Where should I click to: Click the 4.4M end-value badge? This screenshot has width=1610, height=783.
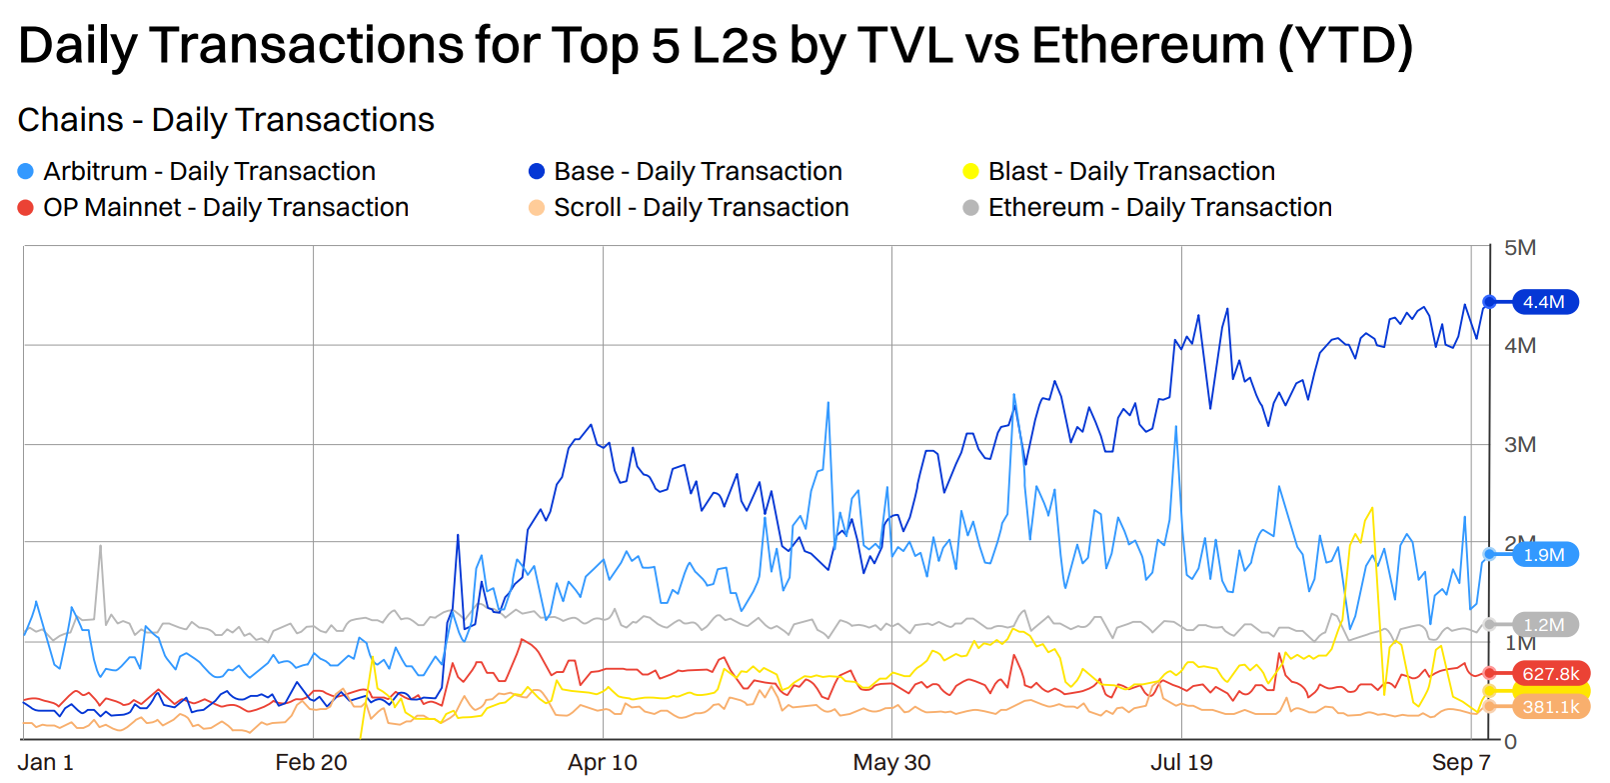(1545, 302)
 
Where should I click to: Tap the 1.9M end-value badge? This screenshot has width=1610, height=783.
(1545, 555)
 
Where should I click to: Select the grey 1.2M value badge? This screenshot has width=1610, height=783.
(1545, 625)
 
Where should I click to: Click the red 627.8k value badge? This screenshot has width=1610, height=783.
(1550, 674)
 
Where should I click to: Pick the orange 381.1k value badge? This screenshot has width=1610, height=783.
(1551, 707)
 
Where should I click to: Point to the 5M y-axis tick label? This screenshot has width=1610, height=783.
(1520, 248)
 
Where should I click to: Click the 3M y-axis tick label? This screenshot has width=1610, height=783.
(1520, 445)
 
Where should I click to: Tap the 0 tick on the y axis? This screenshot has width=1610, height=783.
(1511, 742)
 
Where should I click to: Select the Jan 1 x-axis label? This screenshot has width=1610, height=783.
(46, 763)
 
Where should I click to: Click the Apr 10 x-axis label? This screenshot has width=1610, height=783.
(603, 763)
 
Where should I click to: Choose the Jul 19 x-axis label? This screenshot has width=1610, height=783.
(1181, 763)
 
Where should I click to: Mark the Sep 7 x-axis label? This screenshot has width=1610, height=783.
(1461, 763)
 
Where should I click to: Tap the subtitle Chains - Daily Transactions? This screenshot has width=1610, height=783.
(226, 120)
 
